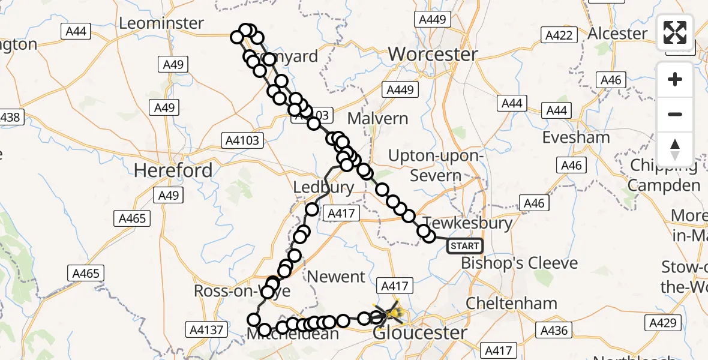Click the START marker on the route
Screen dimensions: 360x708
tap(465, 245)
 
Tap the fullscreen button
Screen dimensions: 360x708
tap(675, 32)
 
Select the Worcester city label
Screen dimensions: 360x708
tap(433, 55)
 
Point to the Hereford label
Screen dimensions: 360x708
tap(173, 170)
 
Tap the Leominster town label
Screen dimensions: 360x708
tap(161, 23)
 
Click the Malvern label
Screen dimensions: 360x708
tap(378, 118)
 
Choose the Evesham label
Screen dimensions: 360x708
tap(576, 137)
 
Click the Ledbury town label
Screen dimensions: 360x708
tap(323, 187)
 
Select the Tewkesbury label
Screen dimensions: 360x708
tap(468, 223)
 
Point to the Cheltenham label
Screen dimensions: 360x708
tap(511, 303)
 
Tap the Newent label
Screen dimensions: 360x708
tap(336, 277)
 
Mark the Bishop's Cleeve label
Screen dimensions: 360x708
tap(519, 263)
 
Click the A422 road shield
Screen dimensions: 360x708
tap(559, 35)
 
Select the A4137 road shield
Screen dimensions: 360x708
tap(206, 329)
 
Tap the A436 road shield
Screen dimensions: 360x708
tap(553, 330)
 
